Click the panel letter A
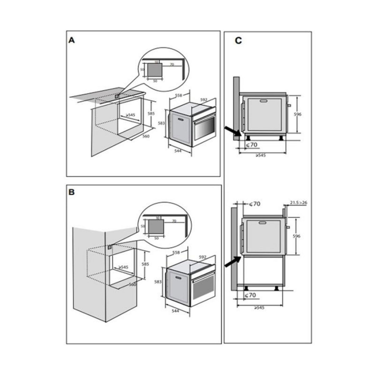[72, 40]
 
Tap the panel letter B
[72, 192]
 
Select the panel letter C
[238, 41]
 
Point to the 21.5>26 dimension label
[298, 203]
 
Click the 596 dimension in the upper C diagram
[298, 114]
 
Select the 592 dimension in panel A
[204, 100]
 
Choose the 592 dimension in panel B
[203, 257]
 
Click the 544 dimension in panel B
[175, 311]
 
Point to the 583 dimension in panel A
[161, 123]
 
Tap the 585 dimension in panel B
[145, 264]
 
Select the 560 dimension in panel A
[146, 136]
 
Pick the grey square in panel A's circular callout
[155, 69]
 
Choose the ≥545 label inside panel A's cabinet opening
[130, 115]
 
